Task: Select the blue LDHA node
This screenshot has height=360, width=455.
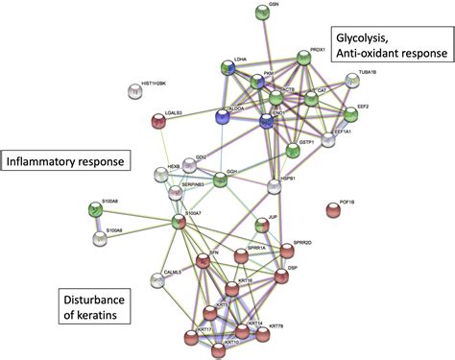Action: point(227,69)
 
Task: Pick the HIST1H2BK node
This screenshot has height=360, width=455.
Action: point(134,92)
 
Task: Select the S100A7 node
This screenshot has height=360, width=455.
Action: point(178,223)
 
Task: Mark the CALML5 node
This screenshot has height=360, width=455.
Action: point(157,280)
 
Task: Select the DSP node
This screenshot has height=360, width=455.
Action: point(281,277)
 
